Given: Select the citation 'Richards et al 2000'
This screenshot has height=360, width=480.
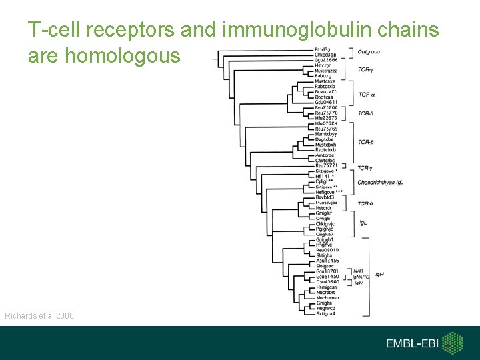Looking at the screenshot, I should point(39,315).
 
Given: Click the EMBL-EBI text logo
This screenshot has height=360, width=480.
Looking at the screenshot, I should point(412,343).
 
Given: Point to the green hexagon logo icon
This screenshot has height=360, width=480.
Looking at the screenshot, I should point(453,343).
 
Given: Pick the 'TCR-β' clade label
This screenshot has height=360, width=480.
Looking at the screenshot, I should point(365,141).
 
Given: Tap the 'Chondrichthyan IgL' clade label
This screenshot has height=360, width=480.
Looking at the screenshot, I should point(380,182).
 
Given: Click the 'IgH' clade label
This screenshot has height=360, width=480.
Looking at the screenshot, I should point(379,274).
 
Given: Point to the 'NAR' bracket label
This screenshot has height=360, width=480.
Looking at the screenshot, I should point(358,271).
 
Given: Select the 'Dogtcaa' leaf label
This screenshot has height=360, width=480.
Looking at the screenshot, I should point(325,97).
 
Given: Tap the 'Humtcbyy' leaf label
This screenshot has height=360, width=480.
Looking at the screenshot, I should point(326,135).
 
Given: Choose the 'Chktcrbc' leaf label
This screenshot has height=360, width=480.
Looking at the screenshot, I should point(325,160).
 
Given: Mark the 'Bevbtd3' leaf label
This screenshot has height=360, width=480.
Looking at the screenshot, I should point(325,197).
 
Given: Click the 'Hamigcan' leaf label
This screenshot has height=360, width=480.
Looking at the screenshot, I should point(326,287).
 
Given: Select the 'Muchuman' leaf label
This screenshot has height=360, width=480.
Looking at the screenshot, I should point(327,298).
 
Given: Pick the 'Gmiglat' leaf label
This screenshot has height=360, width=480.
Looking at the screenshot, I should point(324,213).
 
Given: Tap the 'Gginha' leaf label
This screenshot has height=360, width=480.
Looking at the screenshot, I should point(324,303).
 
